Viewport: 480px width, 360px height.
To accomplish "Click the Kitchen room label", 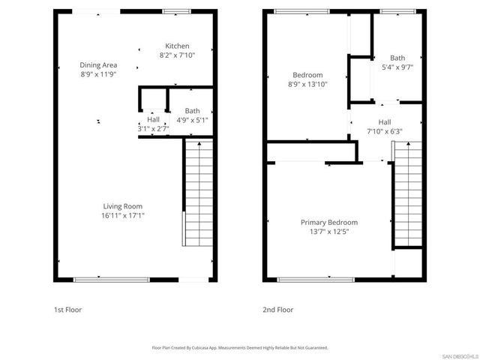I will [x=177, y=46].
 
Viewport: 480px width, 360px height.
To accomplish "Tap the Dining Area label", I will [x=99, y=65].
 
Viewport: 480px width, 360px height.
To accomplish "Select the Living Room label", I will [x=123, y=206].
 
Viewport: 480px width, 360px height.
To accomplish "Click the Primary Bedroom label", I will [x=328, y=223].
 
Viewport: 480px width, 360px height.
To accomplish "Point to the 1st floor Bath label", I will [x=192, y=111].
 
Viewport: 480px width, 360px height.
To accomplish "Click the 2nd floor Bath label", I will [x=397, y=58].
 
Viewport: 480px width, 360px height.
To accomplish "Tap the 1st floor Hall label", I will [x=153, y=119].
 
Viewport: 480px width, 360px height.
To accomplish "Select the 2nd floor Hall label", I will [x=384, y=122].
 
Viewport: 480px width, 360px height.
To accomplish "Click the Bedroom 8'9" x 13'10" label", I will [x=307, y=75].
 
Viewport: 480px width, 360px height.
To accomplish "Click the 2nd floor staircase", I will [x=405, y=195].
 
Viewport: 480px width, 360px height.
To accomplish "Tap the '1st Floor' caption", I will [x=67, y=310].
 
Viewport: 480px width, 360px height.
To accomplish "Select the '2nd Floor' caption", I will [x=278, y=310].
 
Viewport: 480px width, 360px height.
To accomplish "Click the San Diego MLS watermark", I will [x=458, y=355].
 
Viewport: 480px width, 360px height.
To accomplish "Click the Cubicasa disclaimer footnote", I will [x=240, y=348].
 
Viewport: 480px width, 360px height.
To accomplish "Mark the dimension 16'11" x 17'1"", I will [x=123, y=215].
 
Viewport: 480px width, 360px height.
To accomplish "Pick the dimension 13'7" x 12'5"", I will [x=328, y=232].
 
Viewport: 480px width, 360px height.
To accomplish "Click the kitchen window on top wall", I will [x=177, y=11].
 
